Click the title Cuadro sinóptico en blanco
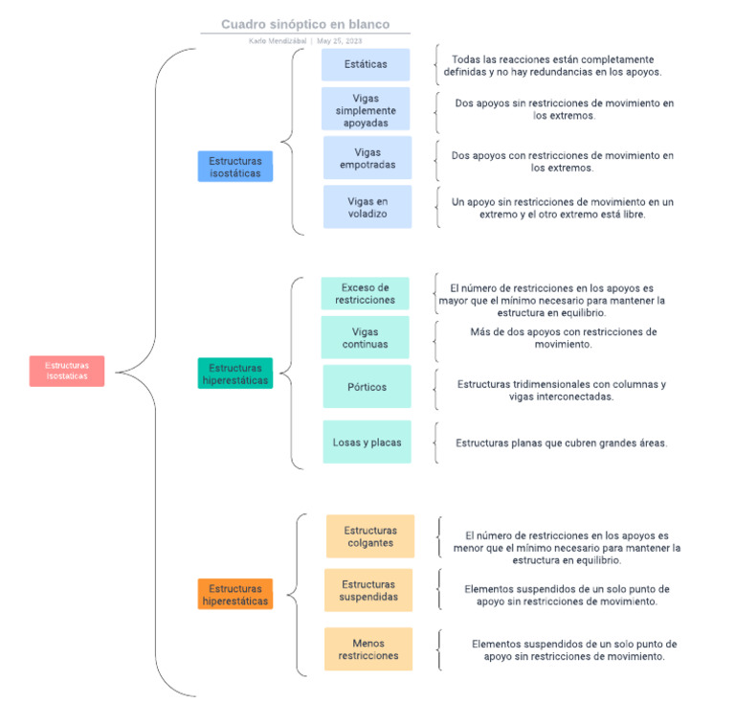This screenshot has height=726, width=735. [x=305, y=24]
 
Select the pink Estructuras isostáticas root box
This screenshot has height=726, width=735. [x=67, y=371]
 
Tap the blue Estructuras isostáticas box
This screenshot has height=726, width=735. [x=235, y=167]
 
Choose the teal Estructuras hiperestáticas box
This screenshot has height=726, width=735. [x=235, y=374]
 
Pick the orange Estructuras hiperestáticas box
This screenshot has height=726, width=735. [x=235, y=595]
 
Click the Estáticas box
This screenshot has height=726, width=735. [x=366, y=65]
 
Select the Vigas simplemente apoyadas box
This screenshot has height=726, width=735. [x=366, y=110]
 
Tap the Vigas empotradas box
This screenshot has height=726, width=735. [x=367, y=158]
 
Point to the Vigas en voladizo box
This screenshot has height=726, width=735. [x=367, y=207]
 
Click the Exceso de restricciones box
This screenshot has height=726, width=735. [x=365, y=293]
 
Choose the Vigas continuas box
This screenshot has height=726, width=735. [x=365, y=338]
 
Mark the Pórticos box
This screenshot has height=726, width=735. [x=367, y=387]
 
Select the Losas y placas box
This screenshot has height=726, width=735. [x=367, y=442]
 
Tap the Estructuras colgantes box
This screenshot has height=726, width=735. [x=370, y=536]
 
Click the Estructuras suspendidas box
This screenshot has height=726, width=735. [x=368, y=591]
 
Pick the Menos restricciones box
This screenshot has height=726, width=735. [x=368, y=649]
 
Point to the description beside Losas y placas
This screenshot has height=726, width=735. [x=561, y=442]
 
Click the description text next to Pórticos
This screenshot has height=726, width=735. [x=561, y=390]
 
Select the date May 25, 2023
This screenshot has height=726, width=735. [x=340, y=41]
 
